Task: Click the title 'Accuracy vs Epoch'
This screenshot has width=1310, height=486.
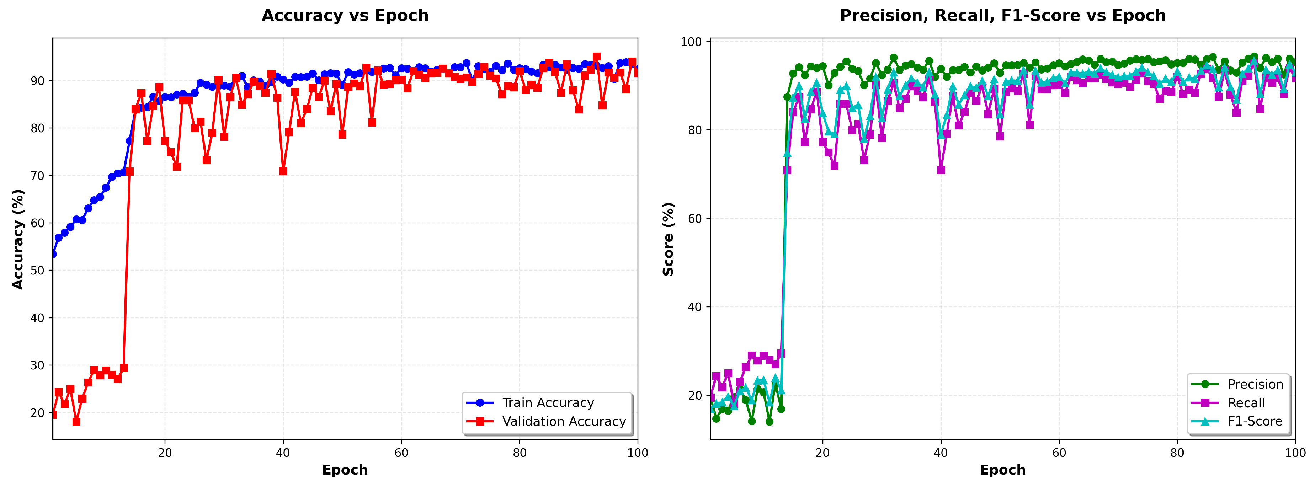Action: [x=345, y=16]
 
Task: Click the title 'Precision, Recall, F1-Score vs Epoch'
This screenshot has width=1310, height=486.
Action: [x=1002, y=16]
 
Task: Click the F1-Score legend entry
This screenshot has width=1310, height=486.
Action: [x=1255, y=421]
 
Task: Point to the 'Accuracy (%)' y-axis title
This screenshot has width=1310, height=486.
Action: [x=18, y=239]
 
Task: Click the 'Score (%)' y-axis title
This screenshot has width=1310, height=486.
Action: [x=668, y=239]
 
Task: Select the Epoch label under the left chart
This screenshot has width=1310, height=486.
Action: [x=345, y=470]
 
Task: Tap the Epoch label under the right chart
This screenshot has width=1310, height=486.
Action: [x=1002, y=470]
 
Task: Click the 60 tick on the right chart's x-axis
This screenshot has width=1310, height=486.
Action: [x=1059, y=453]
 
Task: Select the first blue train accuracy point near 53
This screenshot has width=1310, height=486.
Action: [x=53, y=254]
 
